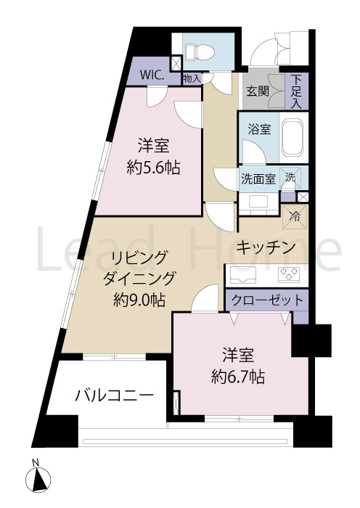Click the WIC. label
152,74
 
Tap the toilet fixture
195,50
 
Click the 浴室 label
259,130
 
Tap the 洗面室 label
258,179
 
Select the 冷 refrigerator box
295,216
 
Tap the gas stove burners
290,274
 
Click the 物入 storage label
192,78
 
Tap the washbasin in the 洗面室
258,200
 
